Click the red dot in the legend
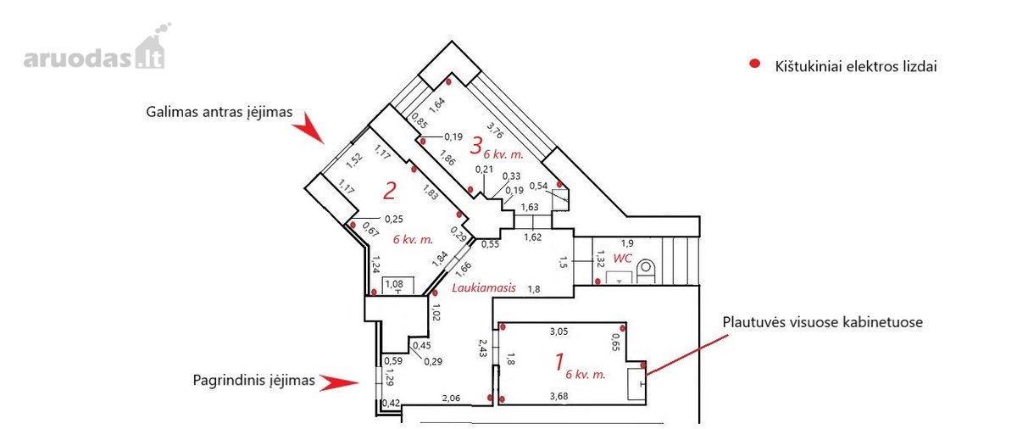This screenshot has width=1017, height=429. pos(754,64)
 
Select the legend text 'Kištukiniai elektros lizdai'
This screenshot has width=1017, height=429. pos(856,67)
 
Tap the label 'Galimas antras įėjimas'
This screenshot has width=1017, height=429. pos(220,112)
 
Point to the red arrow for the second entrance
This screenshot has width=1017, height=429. pos(308,129)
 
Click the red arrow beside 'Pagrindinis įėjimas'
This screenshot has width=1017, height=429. pos(339,382)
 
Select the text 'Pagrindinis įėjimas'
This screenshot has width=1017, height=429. pos(253,380)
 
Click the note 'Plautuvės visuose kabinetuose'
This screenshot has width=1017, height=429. pos(823,322)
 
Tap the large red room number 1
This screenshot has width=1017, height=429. pos(559,362)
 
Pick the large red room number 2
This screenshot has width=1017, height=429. pos(390,191)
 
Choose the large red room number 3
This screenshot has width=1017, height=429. pos(475,146)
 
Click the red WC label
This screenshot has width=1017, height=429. pos(622,259)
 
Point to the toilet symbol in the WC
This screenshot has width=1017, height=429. pos(646,271)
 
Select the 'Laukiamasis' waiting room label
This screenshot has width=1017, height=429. pos(484,287)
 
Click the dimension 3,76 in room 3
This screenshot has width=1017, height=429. pos(495,130)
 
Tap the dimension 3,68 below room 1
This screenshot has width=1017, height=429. pos(559,396)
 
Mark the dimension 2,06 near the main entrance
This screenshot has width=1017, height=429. pos(451,398)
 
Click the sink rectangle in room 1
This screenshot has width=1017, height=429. pos(636,384)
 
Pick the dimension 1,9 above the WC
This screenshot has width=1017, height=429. pos(627,244)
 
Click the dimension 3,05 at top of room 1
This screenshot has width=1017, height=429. pos(559,331)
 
